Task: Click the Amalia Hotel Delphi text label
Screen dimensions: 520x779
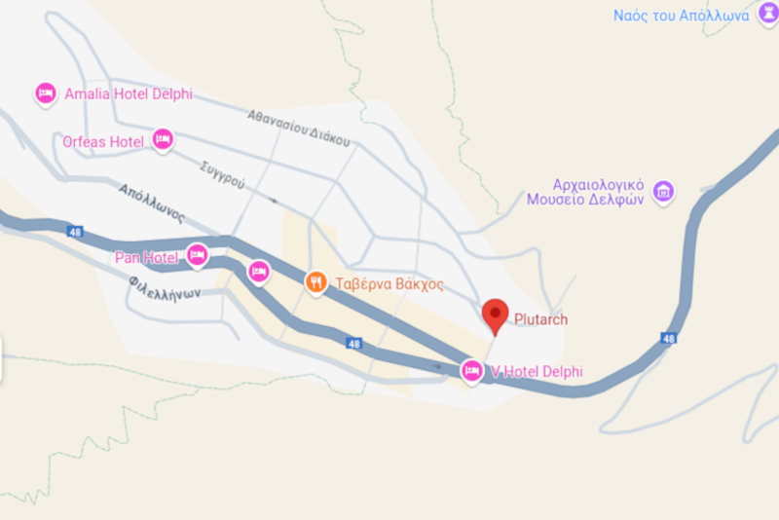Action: coord(128,94)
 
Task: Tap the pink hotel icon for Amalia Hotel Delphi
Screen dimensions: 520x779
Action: coord(45,94)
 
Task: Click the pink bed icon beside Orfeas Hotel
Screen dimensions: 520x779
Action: coord(163,140)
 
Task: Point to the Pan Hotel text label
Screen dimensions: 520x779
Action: coord(146,258)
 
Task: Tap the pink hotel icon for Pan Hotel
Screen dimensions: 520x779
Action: coord(198,256)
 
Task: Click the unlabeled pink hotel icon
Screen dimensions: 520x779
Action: coord(258,272)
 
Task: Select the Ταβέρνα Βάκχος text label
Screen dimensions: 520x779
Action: coord(389,284)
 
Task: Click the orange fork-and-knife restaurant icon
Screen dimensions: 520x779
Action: coord(315,283)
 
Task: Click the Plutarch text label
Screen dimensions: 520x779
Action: coord(540,319)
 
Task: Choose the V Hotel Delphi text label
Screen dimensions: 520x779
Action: coord(537,371)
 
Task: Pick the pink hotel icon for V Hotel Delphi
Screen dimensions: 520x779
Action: coord(472,371)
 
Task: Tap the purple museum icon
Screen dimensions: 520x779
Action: coord(664,191)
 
